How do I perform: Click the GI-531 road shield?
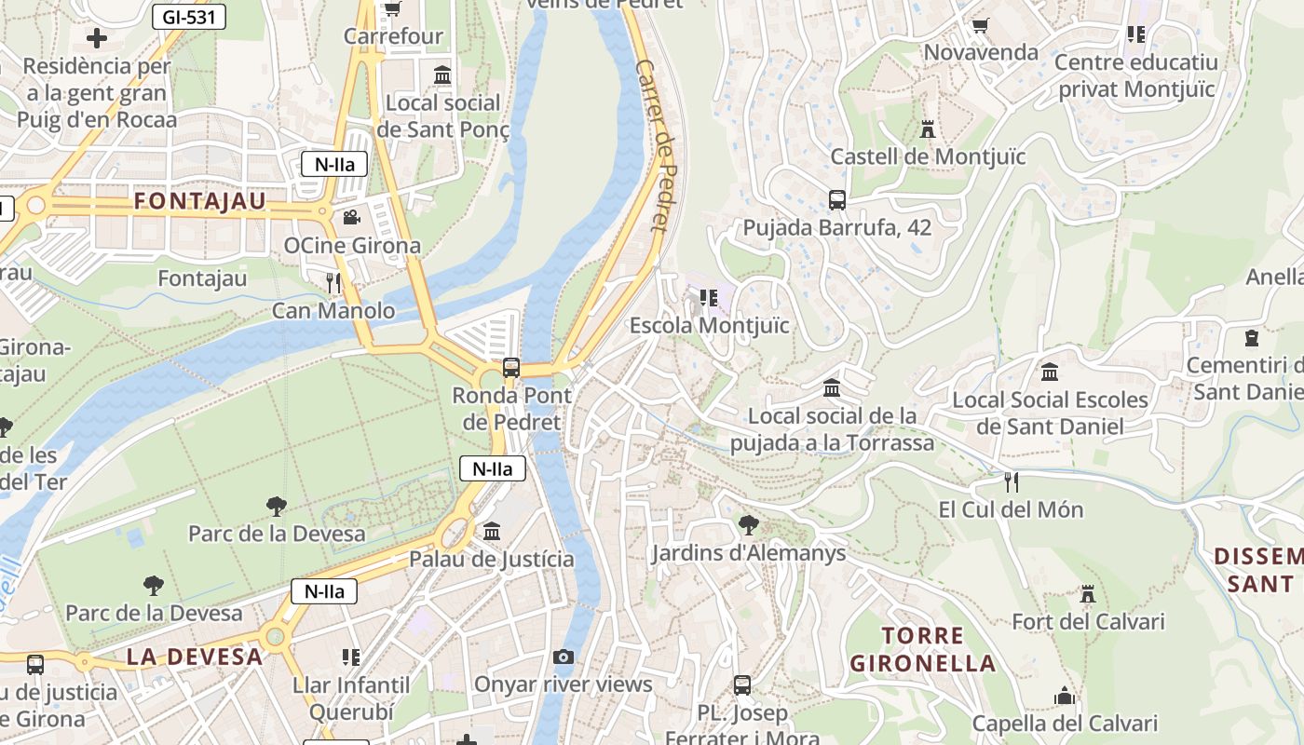[189, 16]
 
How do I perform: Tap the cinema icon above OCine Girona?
[351, 218]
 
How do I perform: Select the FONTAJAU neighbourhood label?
[200, 201]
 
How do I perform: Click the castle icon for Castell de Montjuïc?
[928, 129]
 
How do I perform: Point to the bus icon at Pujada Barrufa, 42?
[836, 199]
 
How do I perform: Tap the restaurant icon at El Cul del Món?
[1012, 481]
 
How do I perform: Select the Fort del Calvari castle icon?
[1087, 593]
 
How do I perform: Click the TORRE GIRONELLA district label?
[922, 650]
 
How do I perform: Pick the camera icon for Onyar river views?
[563, 657]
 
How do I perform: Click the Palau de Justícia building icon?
[492, 531]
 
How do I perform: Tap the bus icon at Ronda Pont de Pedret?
[511, 367]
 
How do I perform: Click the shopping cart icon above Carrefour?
[392, 8]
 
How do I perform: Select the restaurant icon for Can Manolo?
[333, 282]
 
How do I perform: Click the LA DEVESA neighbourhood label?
[195, 657]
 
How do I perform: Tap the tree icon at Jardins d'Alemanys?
[747, 524]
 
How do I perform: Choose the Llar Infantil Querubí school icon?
[351, 657]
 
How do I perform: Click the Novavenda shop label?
[981, 52]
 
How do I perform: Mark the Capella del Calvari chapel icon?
[1065, 696]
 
